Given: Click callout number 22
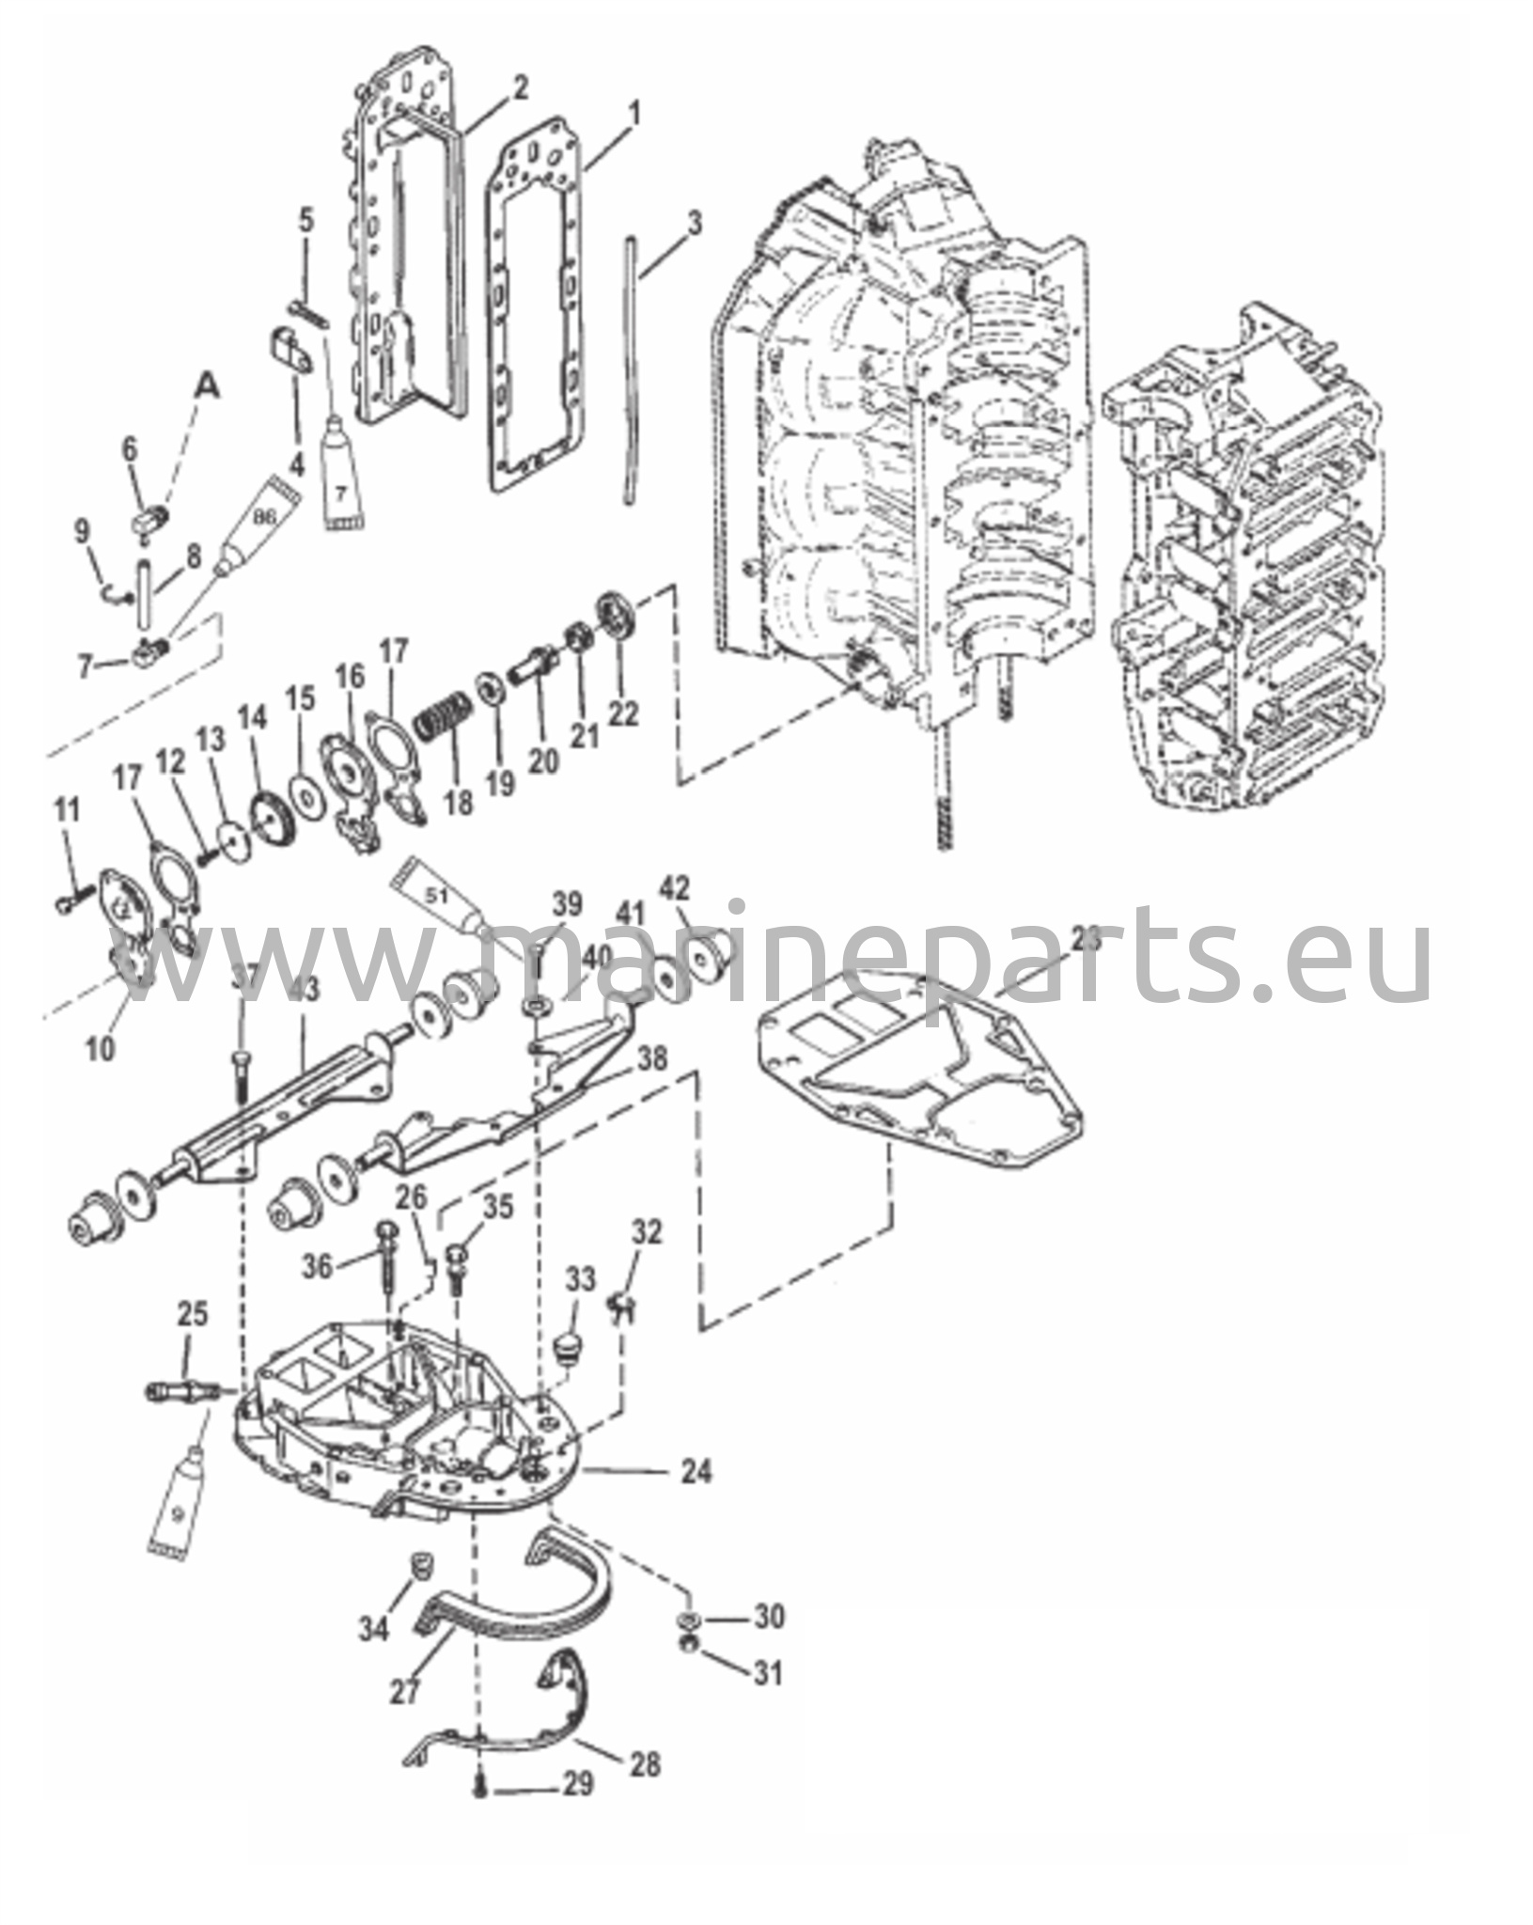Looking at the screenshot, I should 621,714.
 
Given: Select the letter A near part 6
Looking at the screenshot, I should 209,388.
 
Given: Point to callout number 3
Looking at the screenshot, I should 694,225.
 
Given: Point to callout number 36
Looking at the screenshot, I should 319,1266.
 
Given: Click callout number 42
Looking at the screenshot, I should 674,888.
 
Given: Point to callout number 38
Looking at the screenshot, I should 651,1059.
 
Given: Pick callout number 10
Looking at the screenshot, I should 101,1047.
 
